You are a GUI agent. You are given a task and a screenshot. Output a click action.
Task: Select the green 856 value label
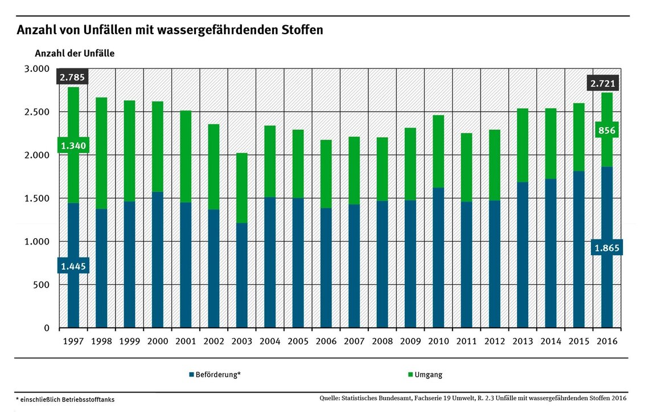(607, 130)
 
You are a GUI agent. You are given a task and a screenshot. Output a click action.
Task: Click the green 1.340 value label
(73, 146)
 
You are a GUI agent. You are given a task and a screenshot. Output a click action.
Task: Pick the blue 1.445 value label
(73, 266)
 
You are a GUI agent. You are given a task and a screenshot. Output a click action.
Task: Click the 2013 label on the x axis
(522, 341)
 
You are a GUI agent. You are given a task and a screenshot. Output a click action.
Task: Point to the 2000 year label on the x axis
(157, 341)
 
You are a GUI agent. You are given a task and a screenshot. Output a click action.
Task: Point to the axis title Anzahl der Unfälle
(75, 54)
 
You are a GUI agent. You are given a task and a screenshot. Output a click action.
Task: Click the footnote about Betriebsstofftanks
(65, 399)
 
